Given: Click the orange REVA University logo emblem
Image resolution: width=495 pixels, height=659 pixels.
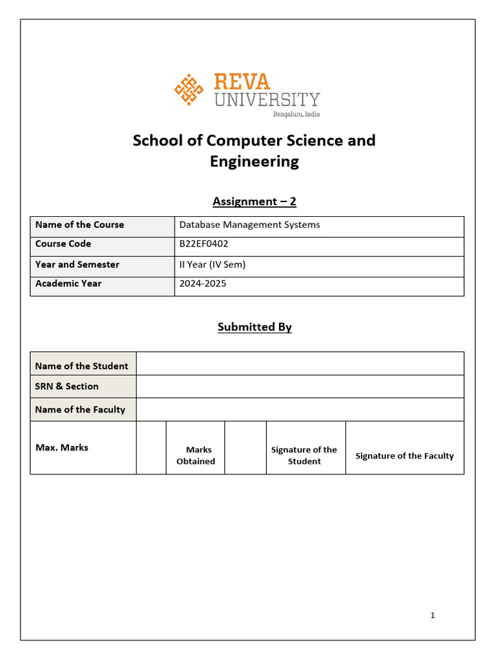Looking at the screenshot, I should pyautogui.click(x=189, y=90).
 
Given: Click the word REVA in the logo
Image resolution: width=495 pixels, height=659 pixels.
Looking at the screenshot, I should pyautogui.click(x=242, y=82).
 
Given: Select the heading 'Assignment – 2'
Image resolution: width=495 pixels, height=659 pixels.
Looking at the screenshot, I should pyautogui.click(x=254, y=201).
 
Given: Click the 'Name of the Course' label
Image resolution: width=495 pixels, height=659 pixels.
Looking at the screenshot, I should pyautogui.click(x=80, y=225).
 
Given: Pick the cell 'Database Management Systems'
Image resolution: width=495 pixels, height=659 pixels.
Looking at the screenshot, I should pyautogui.click(x=249, y=225).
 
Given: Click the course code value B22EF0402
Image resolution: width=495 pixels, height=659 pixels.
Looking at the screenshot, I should pyautogui.click(x=204, y=244).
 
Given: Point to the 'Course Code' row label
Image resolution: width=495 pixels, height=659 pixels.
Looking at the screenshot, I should pyautogui.click(x=63, y=244).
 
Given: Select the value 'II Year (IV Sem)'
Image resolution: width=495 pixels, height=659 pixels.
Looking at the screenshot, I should pyautogui.click(x=212, y=264).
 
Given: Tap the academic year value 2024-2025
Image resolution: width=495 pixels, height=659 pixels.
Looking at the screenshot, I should pyautogui.click(x=202, y=283).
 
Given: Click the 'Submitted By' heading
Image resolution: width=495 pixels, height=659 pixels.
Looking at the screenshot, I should pyautogui.click(x=254, y=327).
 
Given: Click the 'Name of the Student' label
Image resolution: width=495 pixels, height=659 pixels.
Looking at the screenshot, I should pyautogui.click(x=82, y=366).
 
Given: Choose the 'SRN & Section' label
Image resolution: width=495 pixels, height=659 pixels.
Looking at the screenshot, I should pyautogui.click(x=67, y=386).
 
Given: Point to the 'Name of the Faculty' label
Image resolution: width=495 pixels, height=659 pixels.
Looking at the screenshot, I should pyautogui.click(x=81, y=409).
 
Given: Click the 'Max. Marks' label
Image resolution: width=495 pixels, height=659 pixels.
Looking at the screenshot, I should pyautogui.click(x=62, y=447).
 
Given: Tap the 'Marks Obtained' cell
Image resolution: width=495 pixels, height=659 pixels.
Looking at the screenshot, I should pyautogui.click(x=195, y=455).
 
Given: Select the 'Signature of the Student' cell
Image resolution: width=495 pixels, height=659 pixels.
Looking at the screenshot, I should pyautogui.click(x=304, y=455).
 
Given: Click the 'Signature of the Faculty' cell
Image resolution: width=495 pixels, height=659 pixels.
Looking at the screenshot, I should pyautogui.click(x=404, y=456).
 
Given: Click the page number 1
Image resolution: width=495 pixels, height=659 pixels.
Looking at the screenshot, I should pyautogui.click(x=432, y=615).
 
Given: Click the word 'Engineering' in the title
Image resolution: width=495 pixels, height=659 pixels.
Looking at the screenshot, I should pyautogui.click(x=254, y=162).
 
